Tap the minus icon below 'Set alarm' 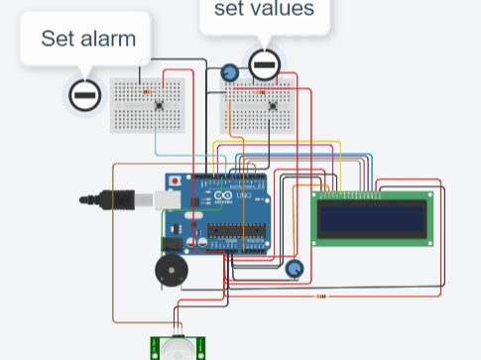[x=84, y=95]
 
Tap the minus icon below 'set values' [x=264, y=65]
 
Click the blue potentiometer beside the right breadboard [x=230, y=73]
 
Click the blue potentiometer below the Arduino [x=295, y=268]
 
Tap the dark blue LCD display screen [x=372, y=218]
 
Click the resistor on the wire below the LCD [x=321, y=296]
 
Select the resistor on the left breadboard [x=149, y=91]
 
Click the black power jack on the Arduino [x=173, y=242]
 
